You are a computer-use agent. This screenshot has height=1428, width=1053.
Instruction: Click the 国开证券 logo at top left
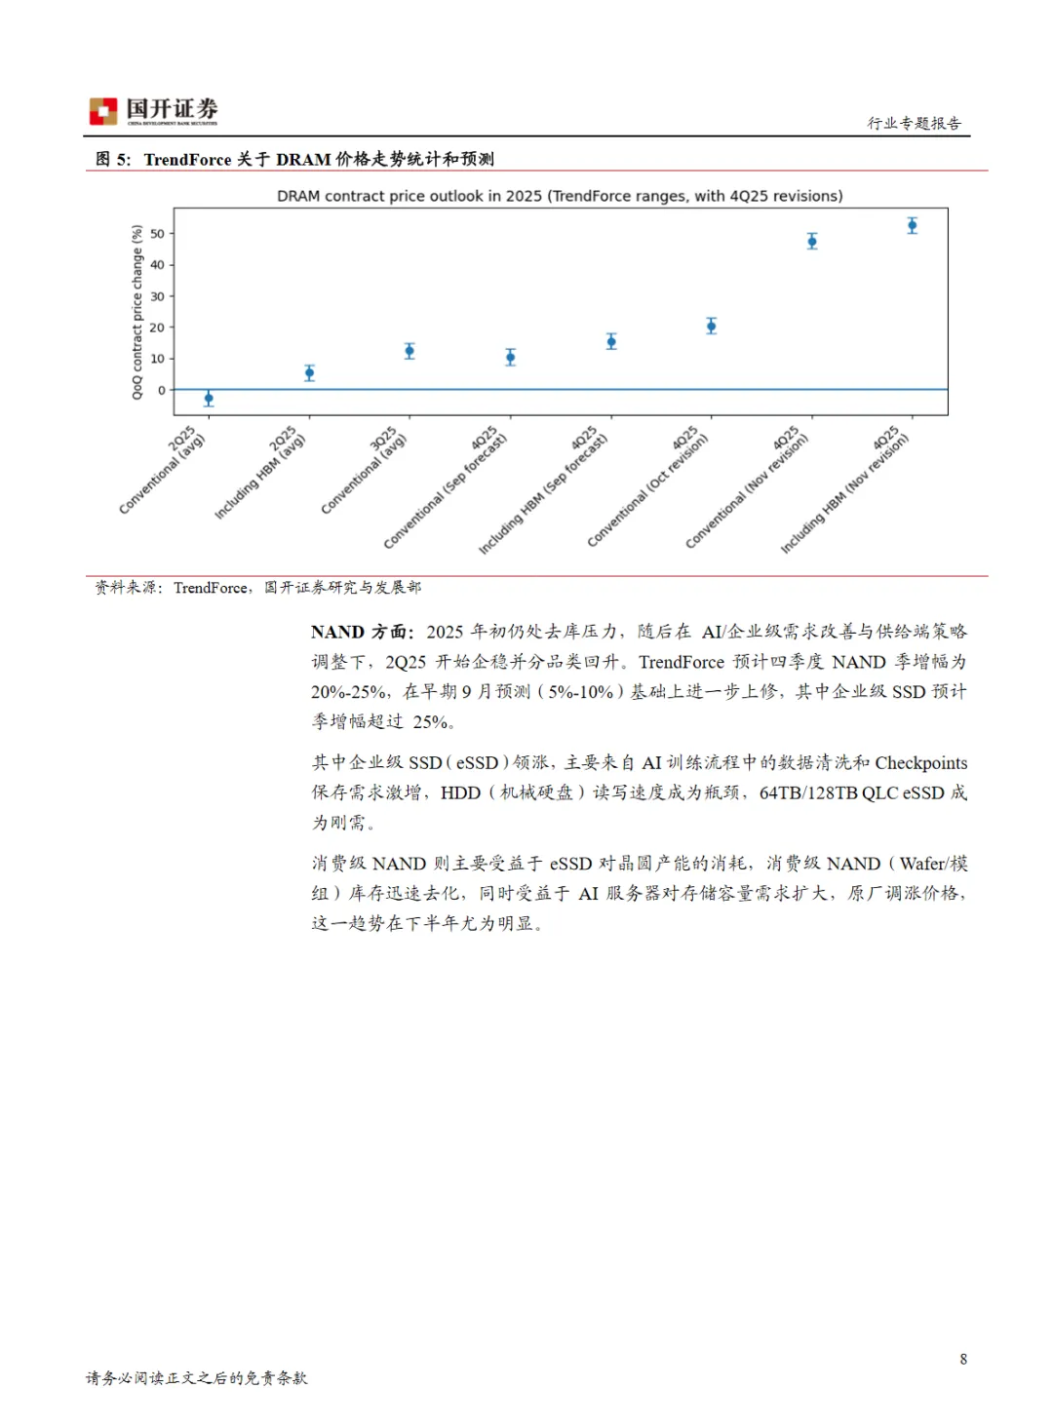pos(153,111)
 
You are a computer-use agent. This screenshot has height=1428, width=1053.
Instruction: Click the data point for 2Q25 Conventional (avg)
pos(209,399)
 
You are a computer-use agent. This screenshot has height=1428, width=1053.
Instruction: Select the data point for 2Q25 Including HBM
pos(309,372)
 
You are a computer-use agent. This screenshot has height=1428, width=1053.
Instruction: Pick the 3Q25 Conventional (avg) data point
pos(409,351)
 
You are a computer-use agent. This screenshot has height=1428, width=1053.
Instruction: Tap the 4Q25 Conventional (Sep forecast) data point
pos(510,358)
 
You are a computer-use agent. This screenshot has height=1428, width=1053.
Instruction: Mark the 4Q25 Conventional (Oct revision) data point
pos(712,326)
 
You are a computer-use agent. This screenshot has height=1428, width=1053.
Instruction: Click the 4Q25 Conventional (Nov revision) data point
pos(812,241)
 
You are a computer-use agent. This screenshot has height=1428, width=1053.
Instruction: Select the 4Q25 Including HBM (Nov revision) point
pos(913,225)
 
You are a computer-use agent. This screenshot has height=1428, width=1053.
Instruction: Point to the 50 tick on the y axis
pos(157,234)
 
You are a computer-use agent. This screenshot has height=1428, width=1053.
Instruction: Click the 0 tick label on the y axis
pos(161,390)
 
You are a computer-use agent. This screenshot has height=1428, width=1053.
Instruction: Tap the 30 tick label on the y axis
pos(157,296)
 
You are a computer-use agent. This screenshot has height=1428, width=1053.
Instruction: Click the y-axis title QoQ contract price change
pos(137,312)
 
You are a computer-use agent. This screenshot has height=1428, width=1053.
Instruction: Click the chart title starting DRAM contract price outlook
pos(560,196)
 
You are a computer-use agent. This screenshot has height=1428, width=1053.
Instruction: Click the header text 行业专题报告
pos(914,123)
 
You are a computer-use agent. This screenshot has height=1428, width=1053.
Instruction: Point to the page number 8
pos(963,1359)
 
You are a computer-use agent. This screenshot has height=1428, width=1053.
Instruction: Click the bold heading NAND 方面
pos(362,632)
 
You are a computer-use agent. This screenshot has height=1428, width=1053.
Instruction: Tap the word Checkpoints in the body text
pos(920,762)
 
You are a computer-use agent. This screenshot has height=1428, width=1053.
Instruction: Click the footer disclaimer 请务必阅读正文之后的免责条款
pos(196,1377)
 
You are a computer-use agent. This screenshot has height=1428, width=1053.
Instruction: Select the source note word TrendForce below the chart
pos(210,587)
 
